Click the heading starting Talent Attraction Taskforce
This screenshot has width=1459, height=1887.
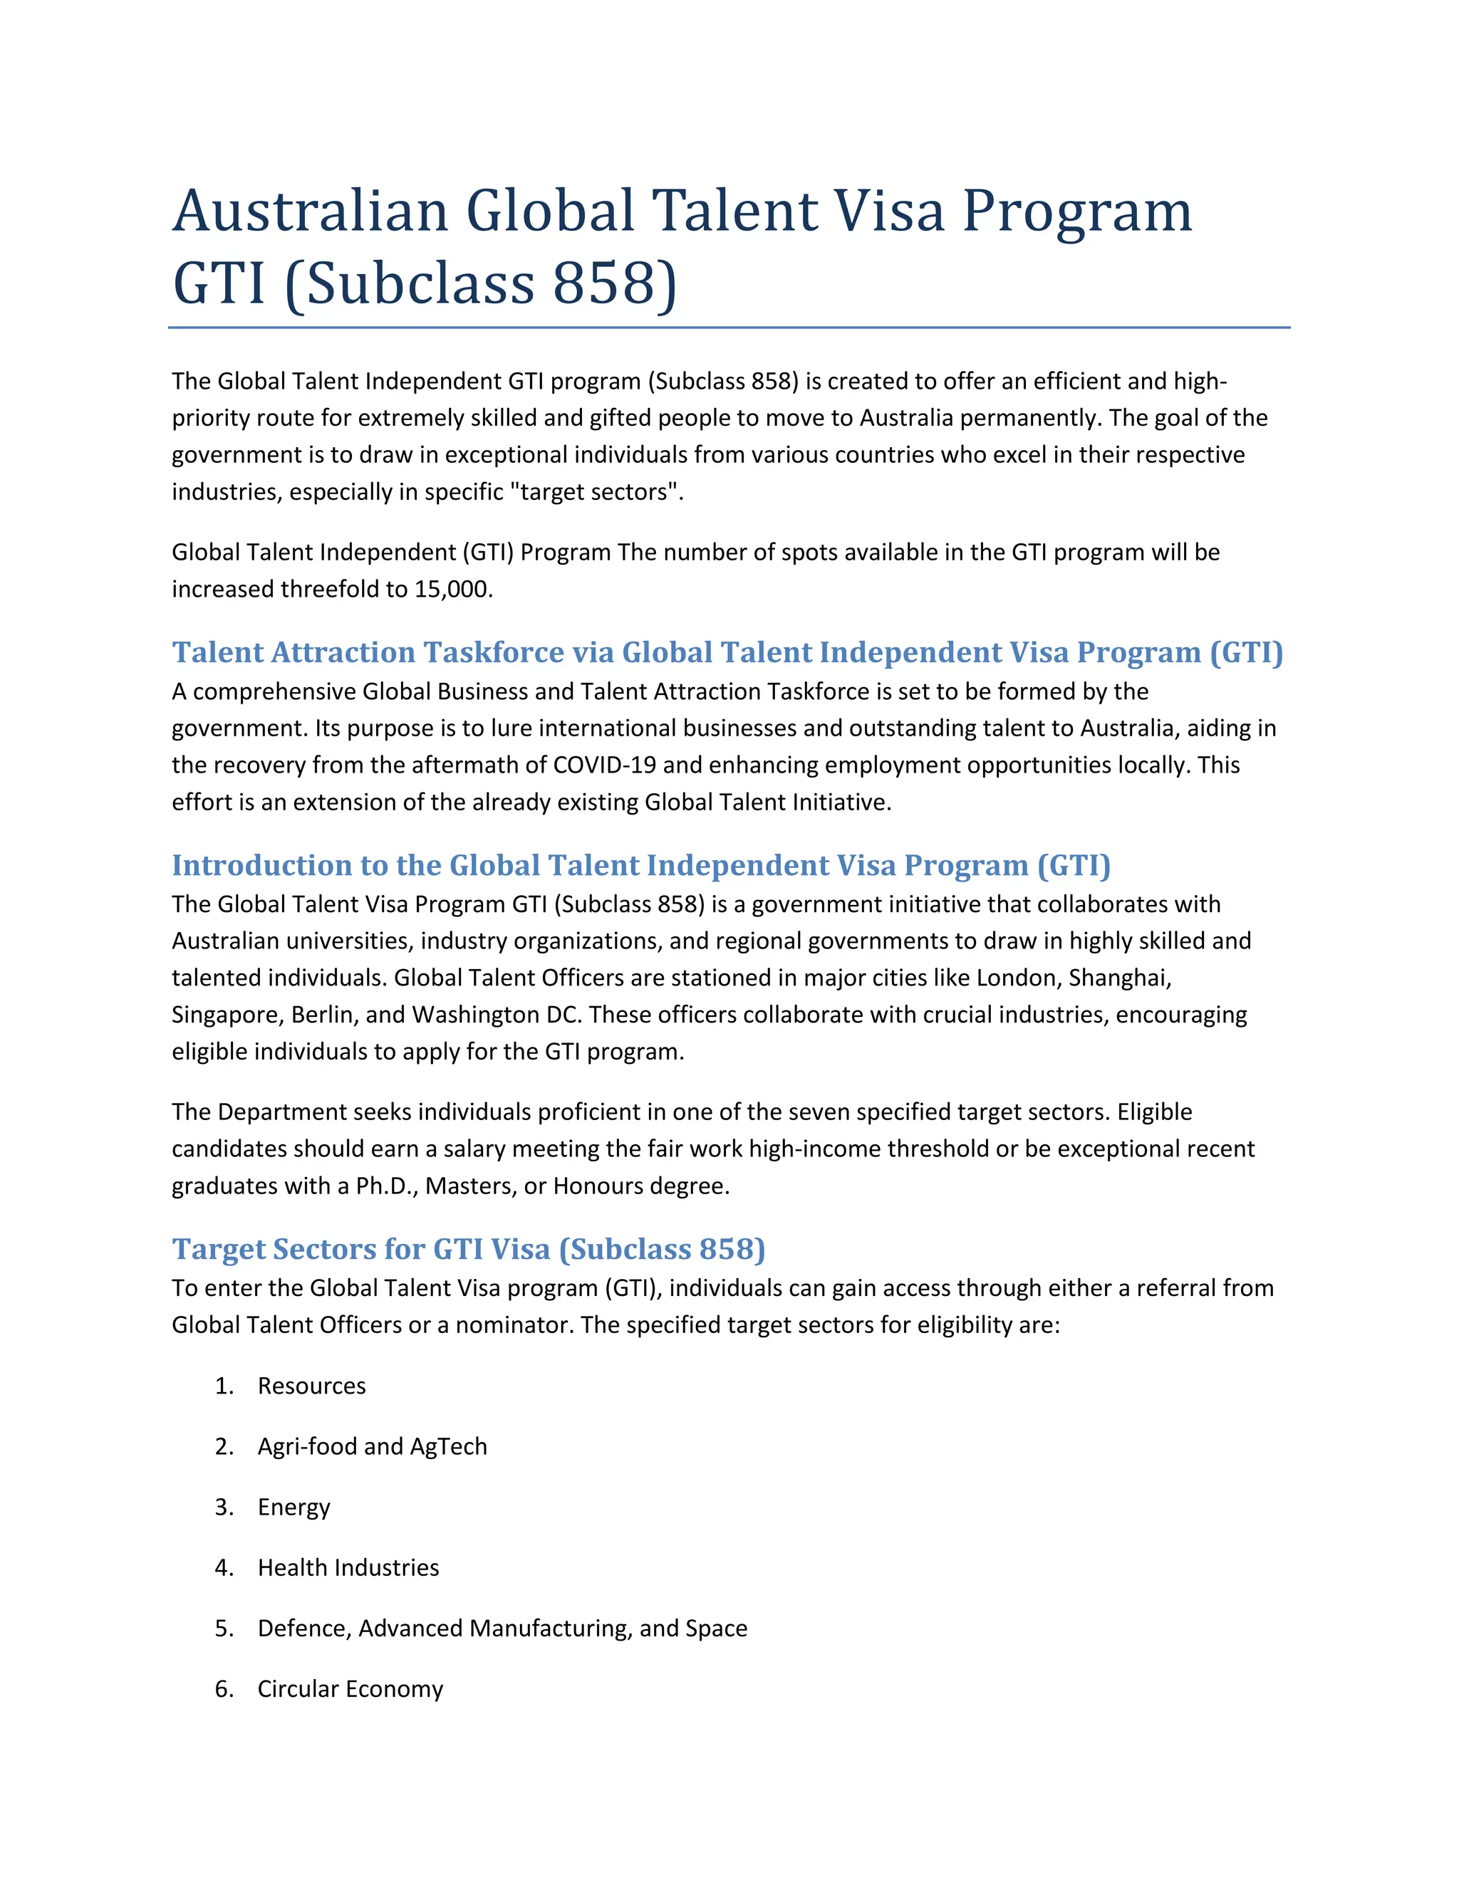727,652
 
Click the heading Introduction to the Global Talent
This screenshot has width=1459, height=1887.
640,865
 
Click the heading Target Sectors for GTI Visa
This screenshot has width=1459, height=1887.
469,1250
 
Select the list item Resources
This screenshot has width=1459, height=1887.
311,1386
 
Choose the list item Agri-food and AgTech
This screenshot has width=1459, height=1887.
372,1446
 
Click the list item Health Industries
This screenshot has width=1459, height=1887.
348,1568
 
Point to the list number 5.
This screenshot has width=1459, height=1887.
224,1629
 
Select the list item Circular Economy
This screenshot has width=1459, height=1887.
350,1689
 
